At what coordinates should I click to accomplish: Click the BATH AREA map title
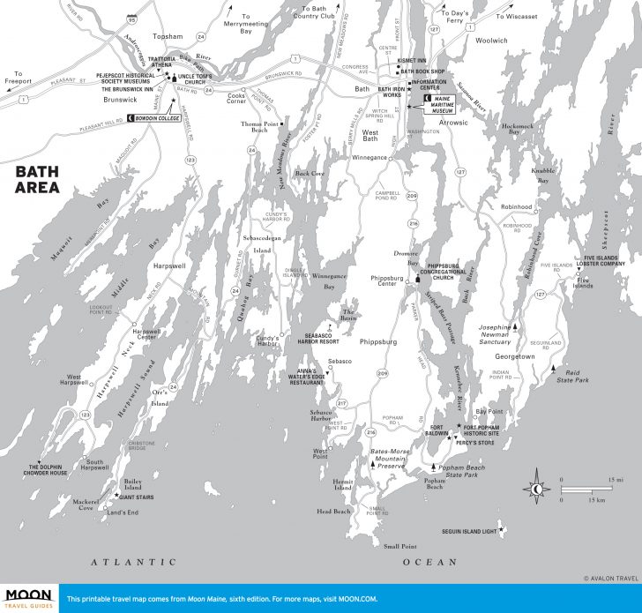click(x=37, y=180)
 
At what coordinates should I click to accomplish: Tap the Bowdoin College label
click(x=162, y=117)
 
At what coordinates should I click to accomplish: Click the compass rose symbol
click(x=537, y=489)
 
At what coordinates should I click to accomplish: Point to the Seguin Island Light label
click(x=469, y=531)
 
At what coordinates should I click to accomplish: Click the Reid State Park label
click(x=569, y=378)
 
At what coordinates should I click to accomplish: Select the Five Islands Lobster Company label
click(x=608, y=262)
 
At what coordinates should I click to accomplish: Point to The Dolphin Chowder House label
click(x=48, y=470)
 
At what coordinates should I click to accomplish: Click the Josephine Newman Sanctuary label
click(x=494, y=333)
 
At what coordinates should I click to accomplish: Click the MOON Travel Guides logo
click(x=29, y=598)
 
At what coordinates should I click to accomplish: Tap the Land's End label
click(x=122, y=512)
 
